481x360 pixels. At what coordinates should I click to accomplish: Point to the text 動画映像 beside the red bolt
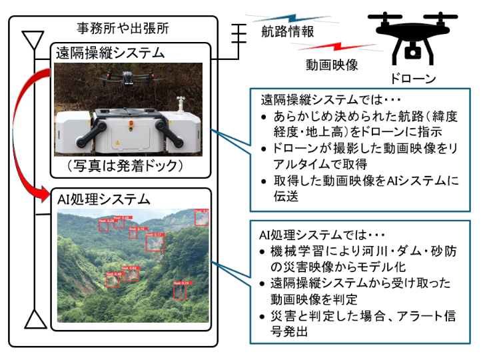click(333, 65)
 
